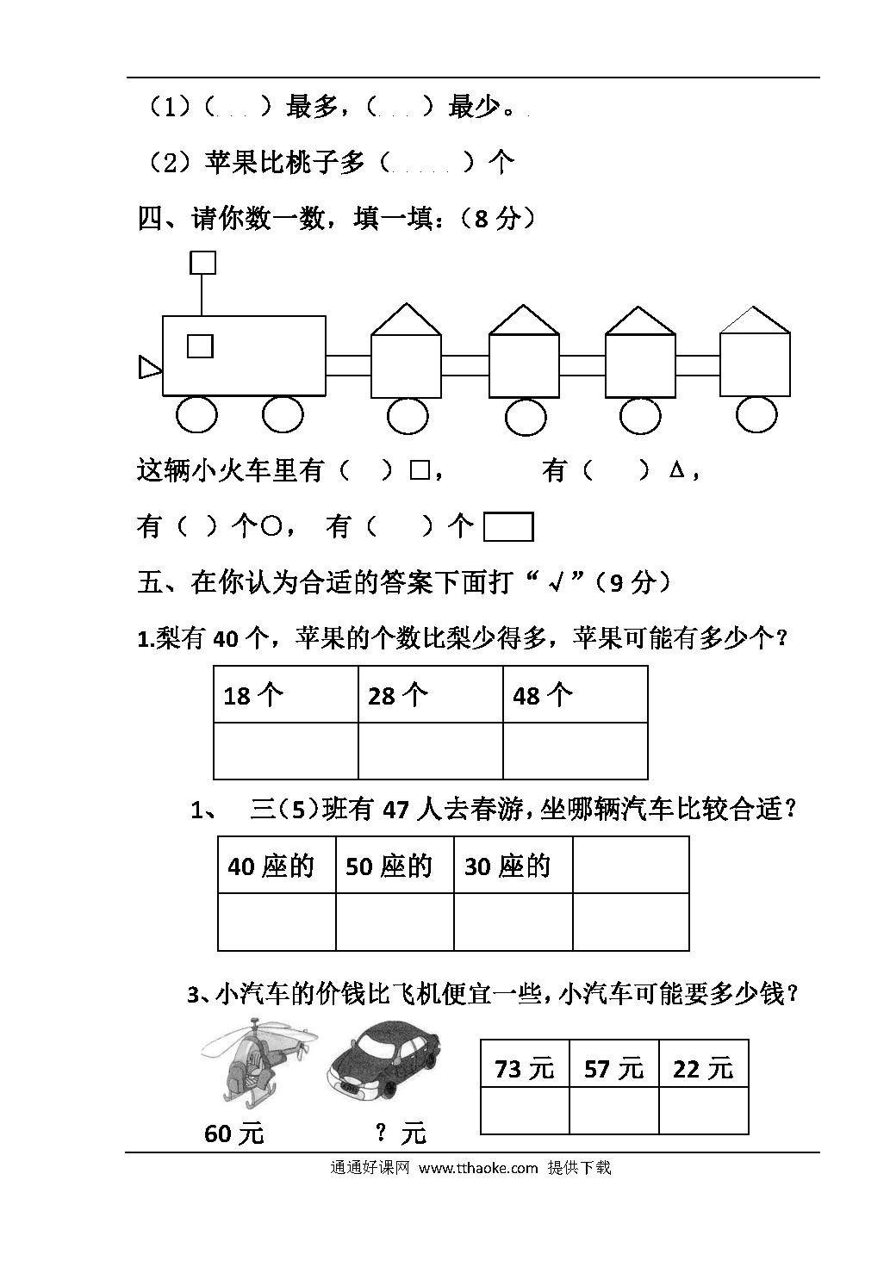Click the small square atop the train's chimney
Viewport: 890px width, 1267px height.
(202, 263)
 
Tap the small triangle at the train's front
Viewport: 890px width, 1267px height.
(150, 367)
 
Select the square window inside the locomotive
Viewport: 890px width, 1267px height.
(200, 346)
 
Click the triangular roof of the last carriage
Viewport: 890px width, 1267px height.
(754, 320)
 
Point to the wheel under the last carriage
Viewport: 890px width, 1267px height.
(756, 414)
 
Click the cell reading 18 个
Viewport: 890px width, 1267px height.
(286, 694)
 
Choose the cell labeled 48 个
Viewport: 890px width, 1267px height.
(576, 694)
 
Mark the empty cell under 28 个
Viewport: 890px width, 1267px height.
(431, 750)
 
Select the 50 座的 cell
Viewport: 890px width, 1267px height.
(395, 865)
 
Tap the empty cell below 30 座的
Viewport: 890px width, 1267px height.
(513, 922)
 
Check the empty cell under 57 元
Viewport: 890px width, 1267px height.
(614, 1110)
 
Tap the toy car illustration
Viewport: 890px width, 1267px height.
(383, 1062)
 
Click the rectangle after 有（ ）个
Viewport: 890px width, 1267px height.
(508, 526)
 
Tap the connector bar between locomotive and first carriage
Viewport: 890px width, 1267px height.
(349, 365)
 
